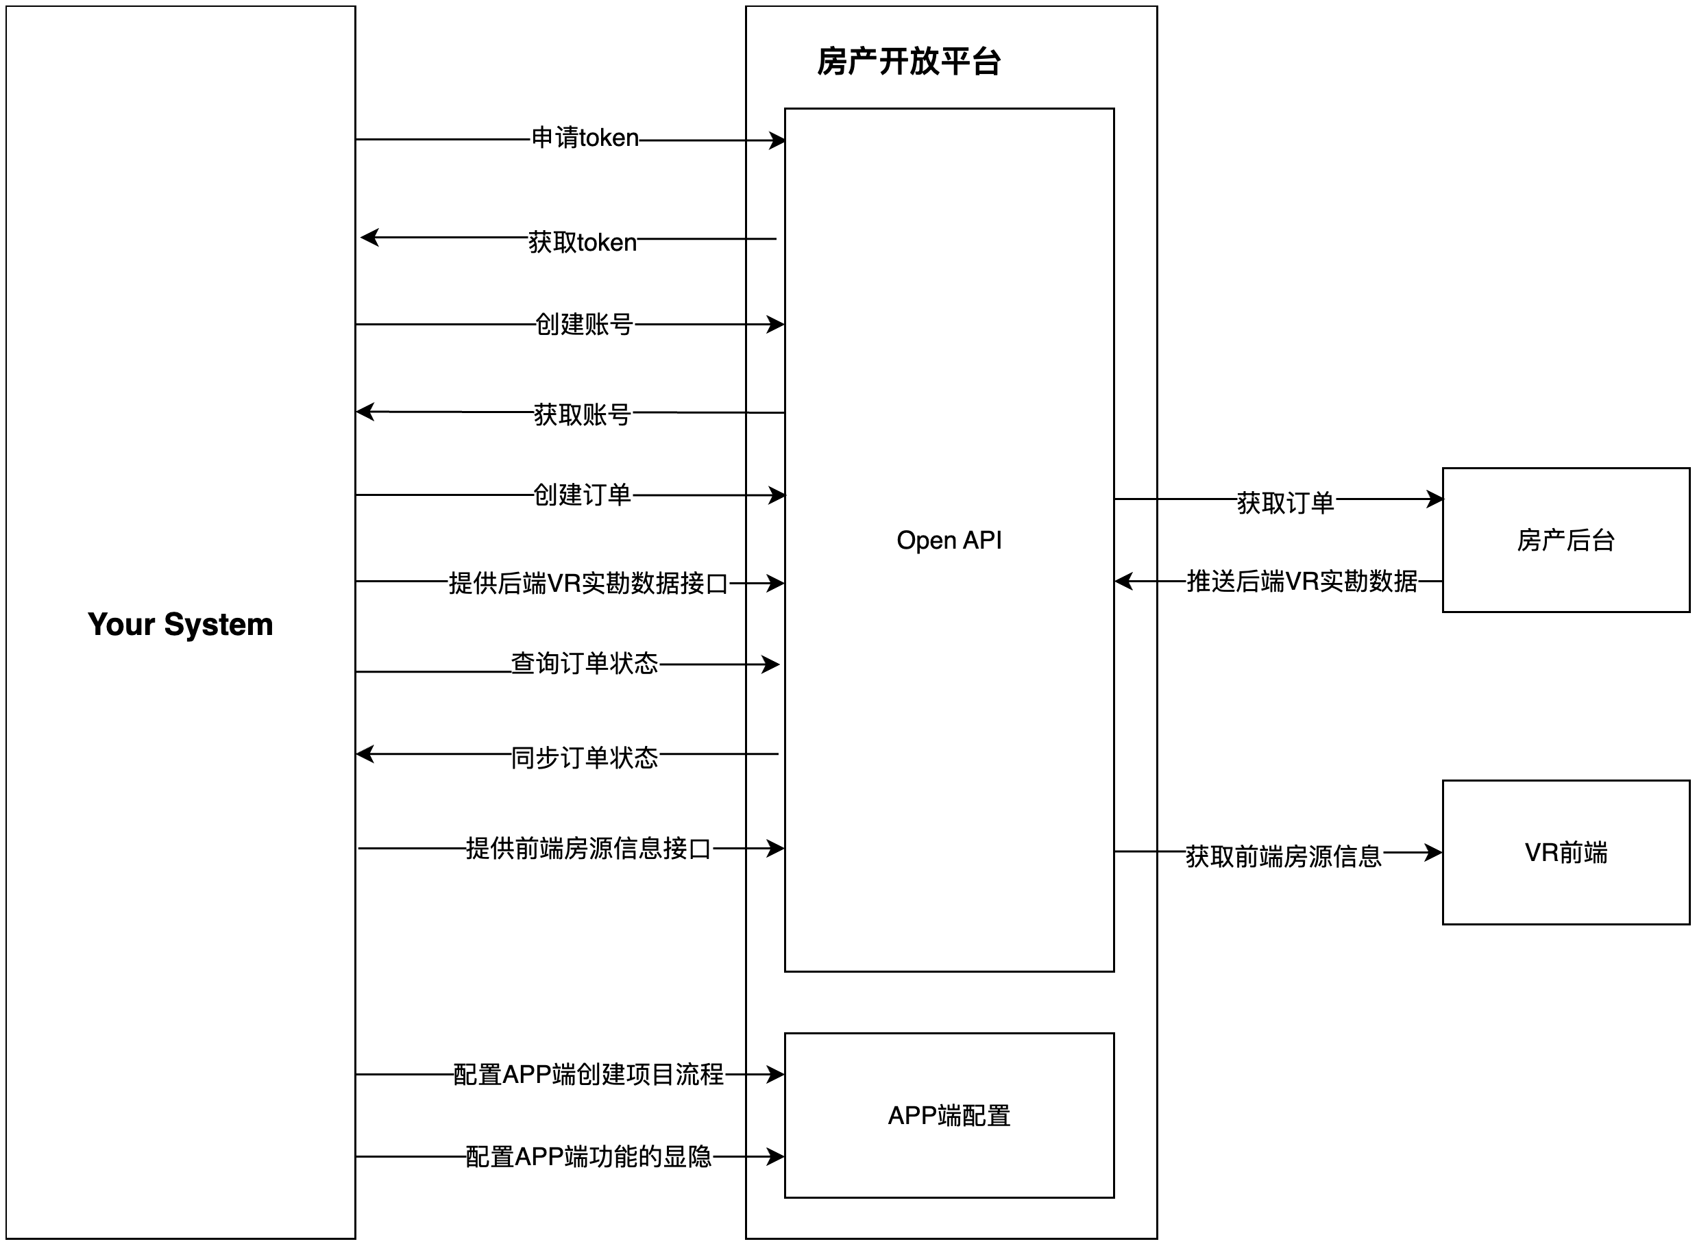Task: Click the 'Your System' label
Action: pyautogui.click(x=180, y=625)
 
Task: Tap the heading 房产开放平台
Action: pyautogui.click(x=909, y=62)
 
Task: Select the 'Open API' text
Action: pyautogui.click(x=949, y=540)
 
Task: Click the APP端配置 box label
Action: pyautogui.click(x=949, y=1116)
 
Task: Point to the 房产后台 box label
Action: pyautogui.click(x=1565, y=540)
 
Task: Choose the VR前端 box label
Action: pyautogui.click(x=1565, y=852)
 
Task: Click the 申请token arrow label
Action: pyautogui.click(x=585, y=138)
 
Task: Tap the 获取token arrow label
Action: pyautogui.click(x=582, y=242)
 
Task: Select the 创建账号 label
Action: pyautogui.click(x=583, y=324)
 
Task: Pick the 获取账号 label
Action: pyautogui.click(x=582, y=414)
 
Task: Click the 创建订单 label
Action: pyautogui.click(x=582, y=495)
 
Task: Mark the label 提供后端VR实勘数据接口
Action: pyautogui.click(x=588, y=583)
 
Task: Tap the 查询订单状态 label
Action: pyautogui.click(x=584, y=664)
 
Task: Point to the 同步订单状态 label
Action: pyautogui.click(x=584, y=757)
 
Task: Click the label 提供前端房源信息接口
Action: pyautogui.click(x=588, y=849)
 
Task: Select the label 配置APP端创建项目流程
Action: pyautogui.click(x=588, y=1074)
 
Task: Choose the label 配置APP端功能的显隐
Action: pyautogui.click(x=588, y=1156)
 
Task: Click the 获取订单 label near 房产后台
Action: pyautogui.click(x=1285, y=502)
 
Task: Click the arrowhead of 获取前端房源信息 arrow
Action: pyautogui.click(x=1433, y=852)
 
